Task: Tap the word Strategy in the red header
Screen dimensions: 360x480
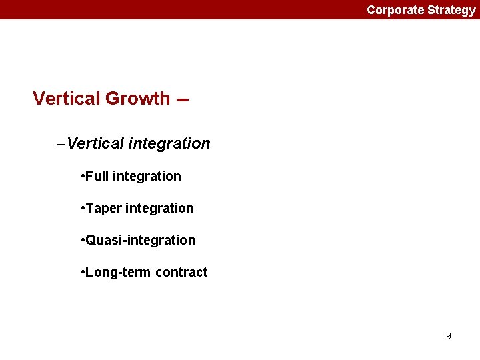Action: point(451,10)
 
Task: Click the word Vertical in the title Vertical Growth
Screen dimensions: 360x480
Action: point(66,99)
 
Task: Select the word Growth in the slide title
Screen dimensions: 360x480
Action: point(137,99)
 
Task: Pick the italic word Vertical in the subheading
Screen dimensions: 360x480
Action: point(96,143)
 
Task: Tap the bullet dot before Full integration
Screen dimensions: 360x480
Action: point(81,177)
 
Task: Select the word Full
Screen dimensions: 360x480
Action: point(97,176)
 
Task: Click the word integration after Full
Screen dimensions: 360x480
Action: point(147,176)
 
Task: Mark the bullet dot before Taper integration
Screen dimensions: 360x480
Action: point(81,209)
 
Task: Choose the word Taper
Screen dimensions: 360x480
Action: point(103,209)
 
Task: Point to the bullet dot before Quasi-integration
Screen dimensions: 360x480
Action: point(81,241)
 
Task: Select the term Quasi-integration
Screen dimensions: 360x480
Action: point(141,240)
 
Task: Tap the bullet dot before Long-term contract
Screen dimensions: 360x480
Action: point(81,273)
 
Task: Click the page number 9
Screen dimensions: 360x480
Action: point(448,336)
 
